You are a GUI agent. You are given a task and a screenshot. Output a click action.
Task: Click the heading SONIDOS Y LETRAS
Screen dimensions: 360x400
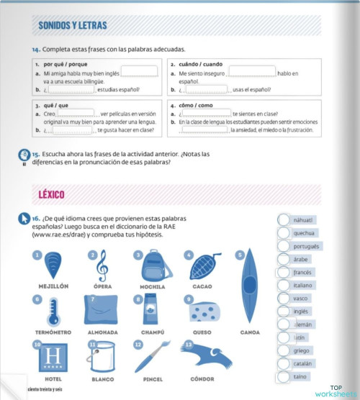[x=72, y=26]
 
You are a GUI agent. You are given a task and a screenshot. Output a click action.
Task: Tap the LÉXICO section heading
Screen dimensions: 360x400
[x=52, y=194]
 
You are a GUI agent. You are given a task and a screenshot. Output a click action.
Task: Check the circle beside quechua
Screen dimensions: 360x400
[x=283, y=233]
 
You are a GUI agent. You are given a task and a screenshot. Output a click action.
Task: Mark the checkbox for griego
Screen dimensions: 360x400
[x=283, y=350]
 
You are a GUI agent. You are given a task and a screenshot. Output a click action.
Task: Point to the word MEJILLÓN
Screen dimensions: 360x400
[x=53, y=286]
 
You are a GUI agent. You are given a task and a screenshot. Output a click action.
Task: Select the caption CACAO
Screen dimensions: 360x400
[x=202, y=286]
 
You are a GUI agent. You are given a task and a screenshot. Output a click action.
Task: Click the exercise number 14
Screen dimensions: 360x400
[x=35, y=49]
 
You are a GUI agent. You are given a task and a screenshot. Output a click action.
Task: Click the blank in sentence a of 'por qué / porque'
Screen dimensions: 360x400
[x=140, y=71]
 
